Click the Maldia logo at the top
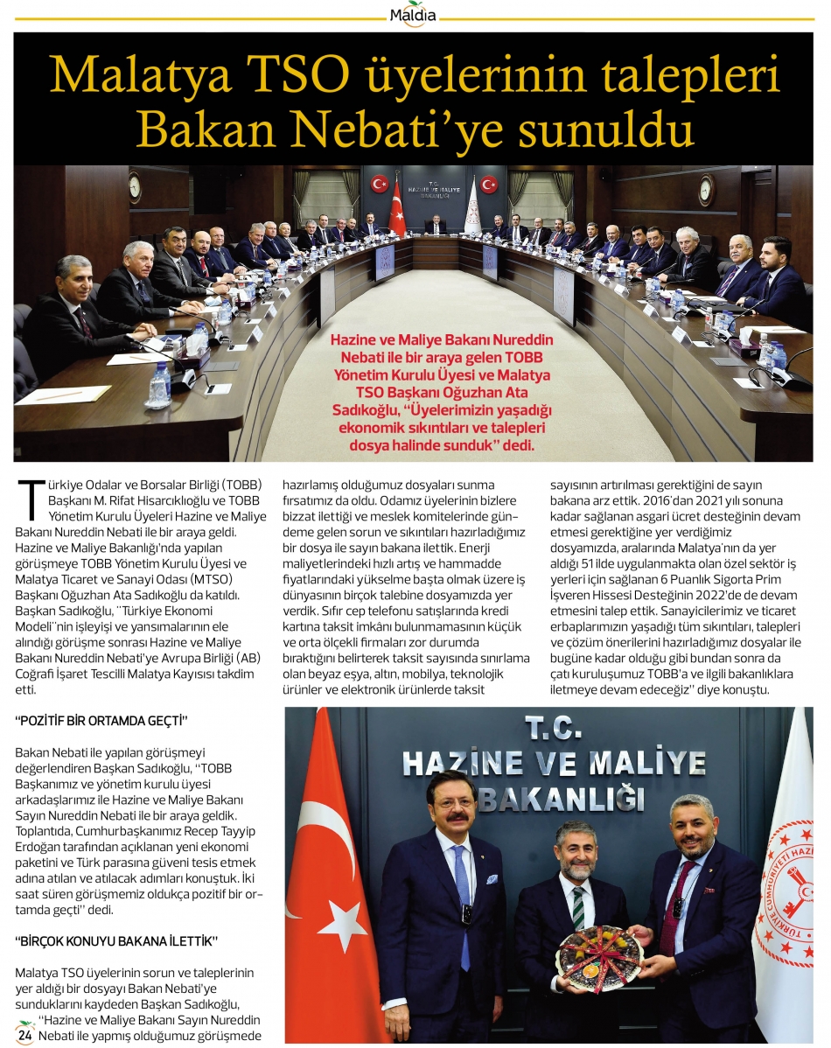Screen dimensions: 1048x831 (415, 13)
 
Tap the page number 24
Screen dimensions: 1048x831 (25, 1035)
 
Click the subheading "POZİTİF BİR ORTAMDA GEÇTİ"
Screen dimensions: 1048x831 (102, 721)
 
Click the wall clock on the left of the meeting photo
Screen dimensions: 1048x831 (135, 186)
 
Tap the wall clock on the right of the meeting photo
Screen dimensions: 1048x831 (705, 190)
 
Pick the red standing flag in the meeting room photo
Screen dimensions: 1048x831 (398, 210)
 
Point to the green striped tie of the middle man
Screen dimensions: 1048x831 (577, 909)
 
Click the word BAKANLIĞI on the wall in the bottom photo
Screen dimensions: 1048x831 (560, 800)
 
